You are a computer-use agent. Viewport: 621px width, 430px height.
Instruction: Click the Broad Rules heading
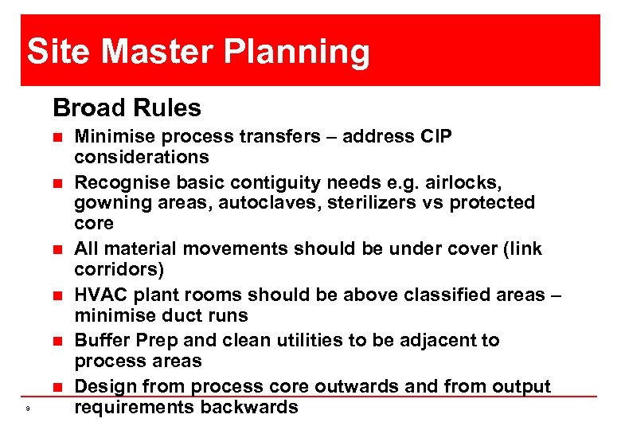coord(127,107)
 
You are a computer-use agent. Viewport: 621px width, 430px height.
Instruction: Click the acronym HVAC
coord(100,295)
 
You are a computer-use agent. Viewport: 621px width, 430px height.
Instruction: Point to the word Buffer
coord(100,340)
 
